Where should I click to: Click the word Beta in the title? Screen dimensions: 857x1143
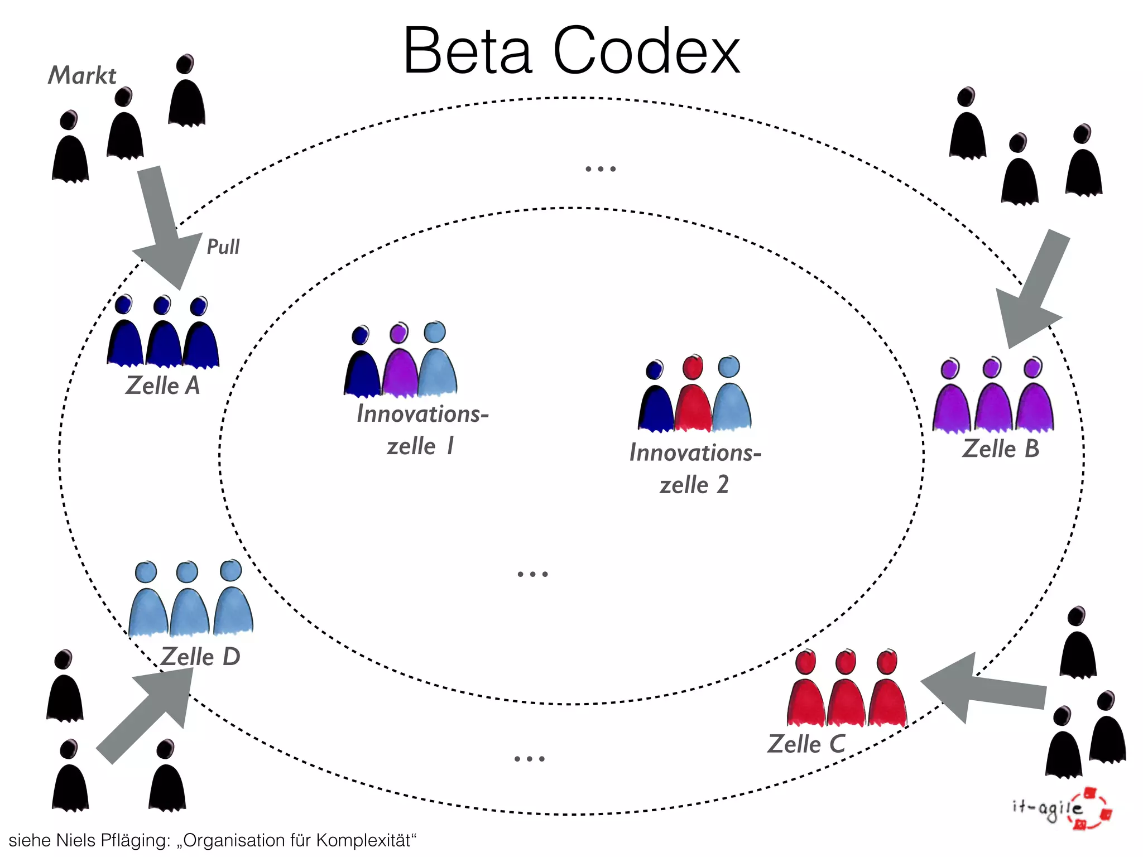pyautogui.click(x=468, y=51)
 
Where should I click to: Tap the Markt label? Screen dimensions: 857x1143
pyautogui.click(x=82, y=76)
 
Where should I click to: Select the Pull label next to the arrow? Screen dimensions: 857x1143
pyautogui.click(x=223, y=247)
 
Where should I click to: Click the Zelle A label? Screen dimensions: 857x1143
pyautogui.click(x=162, y=386)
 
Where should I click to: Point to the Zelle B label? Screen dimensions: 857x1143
pyautogui.click(x=1001, y=449)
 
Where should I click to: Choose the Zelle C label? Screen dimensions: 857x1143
pyautogui.click(x=806, y=744)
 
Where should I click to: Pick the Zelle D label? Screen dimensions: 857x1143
pyautogui.click(x=200, y=657)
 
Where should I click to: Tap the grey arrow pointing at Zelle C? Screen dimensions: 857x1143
pyautogui.click(x=982, y=690)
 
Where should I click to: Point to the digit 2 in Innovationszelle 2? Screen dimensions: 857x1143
pyautogui.click(x=722, y=484)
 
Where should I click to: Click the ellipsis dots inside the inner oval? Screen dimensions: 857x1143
pyautogui.click(x=532, y=574)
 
